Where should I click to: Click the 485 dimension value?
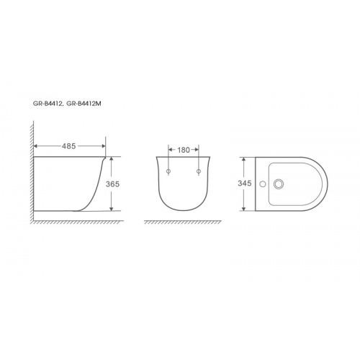tap(69, 146)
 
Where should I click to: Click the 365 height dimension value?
tap(112, 184)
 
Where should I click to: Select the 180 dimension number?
tap(184, 150)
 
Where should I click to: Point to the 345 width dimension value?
tap(245, 184)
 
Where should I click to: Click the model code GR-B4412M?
tap(84, 104)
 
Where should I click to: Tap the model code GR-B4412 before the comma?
tap(48, 104)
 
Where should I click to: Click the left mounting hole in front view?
tap(168, 171)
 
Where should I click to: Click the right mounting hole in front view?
tap(199, 171)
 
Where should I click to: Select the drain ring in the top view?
tap(279, 184)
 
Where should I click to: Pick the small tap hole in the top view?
tap(263, 184)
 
